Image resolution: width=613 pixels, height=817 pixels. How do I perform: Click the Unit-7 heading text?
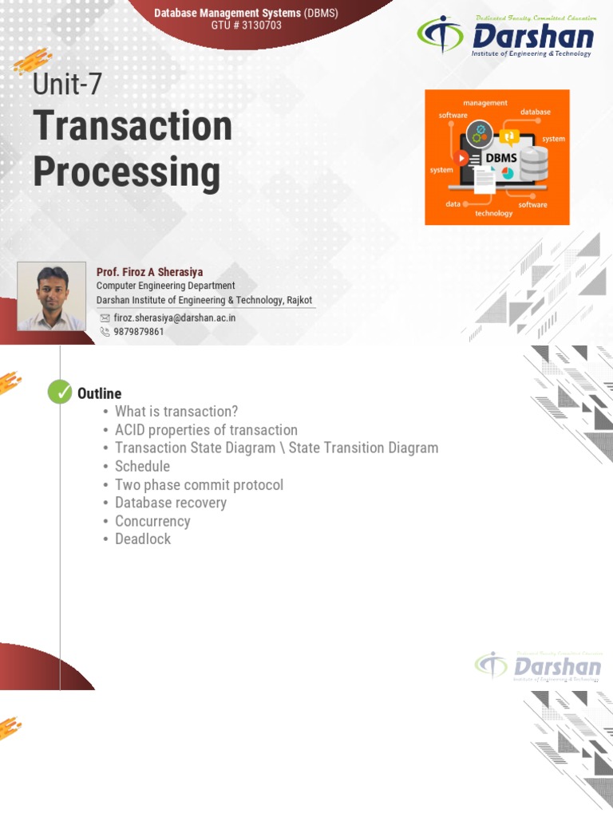tap(68, 84)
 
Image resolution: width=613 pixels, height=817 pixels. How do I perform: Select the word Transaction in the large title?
tap(132, 127)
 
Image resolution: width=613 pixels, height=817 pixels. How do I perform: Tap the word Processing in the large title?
tap(126, 172)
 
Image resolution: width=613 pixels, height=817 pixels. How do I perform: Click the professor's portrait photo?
tap(51, 296)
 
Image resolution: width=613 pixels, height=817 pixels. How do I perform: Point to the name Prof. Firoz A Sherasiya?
tap(149, 272)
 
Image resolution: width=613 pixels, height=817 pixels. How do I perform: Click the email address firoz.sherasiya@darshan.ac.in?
tap(174, 318)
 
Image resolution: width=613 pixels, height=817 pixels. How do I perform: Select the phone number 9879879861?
tap(139, 331)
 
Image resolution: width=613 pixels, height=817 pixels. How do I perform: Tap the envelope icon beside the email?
tap(105, 318)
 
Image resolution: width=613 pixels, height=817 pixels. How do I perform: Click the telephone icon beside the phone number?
tap(105, 331)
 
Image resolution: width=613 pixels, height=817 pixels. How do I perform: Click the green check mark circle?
tap(60, 393)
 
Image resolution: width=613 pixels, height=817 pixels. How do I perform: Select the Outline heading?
tap(99, 393)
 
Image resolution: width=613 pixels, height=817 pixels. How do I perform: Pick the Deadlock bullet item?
tap(143, 539)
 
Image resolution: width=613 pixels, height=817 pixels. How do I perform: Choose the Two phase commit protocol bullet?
tap(199, 484)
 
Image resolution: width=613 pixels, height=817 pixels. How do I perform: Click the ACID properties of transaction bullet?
tap(206, 430)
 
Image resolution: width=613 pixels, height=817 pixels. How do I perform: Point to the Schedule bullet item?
tap(142, 466)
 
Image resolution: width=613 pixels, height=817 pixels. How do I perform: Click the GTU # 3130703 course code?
tap(246, 26)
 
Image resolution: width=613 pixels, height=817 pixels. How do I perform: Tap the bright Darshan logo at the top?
tap(506, 37)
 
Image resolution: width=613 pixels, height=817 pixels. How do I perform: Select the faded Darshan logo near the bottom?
tap(539, 666)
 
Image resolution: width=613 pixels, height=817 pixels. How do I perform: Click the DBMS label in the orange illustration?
tap(501, 157)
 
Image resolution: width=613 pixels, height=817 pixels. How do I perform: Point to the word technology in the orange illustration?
tap(494, 213)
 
